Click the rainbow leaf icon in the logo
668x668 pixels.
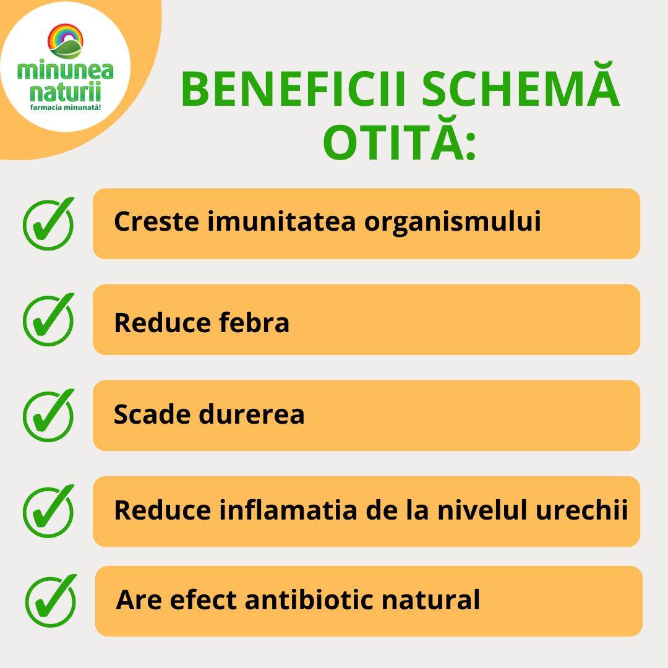[x=65, y=41]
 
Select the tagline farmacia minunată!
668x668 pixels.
[x=66, y=107]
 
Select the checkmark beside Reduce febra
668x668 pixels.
[x=48, y=319]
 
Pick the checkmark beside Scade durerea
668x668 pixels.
[x=48, y=415]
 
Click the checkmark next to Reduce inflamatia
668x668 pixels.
[x=48, y=511]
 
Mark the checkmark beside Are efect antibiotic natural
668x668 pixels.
[x=51, y=601]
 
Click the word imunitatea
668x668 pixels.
[x=281, y=221]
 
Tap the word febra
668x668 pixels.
[x=254, y=322]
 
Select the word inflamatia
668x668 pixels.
[x=288, y=509]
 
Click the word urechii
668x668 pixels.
[x=581, y=509]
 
